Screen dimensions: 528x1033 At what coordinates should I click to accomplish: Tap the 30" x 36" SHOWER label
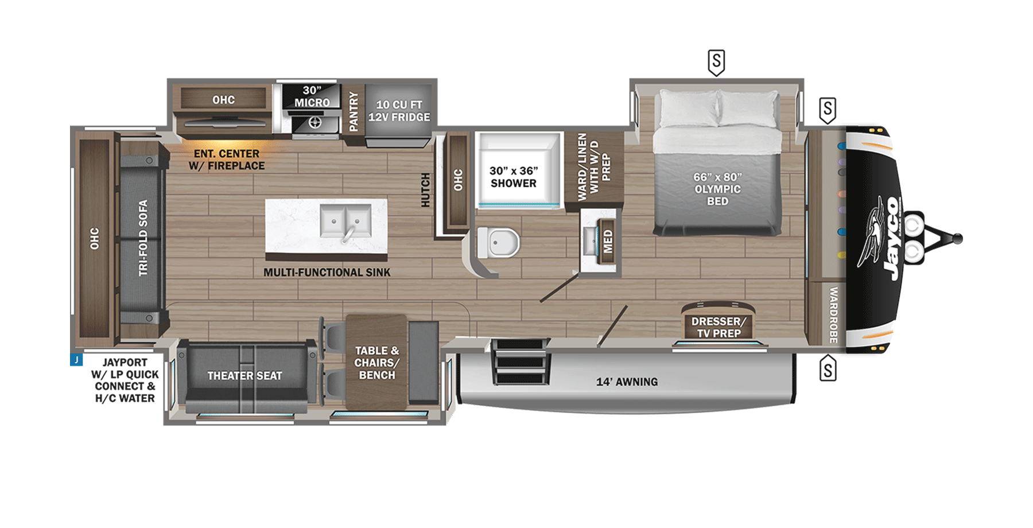coord(513,177)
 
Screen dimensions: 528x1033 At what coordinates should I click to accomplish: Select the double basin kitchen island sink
coord(345,221)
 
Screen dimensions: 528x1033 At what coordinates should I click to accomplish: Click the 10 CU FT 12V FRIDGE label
coord(399,111)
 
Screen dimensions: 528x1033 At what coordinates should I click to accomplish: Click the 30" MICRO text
coord(312,96)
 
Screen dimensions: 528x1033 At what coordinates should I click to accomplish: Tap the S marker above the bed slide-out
coord(716,61)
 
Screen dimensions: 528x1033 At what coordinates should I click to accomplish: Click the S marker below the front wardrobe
coord(827,369)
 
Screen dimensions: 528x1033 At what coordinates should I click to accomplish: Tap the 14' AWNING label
coord(627,382)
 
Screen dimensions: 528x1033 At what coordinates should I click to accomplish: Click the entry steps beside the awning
coord(521,362)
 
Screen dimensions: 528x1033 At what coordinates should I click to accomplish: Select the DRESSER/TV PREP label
coord(719,327)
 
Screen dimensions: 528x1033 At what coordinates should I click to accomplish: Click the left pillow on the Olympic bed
coord(688,108)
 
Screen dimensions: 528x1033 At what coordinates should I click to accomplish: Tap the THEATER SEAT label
coord(244,376)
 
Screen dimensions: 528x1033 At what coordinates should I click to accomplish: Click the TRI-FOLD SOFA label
coord(143,238)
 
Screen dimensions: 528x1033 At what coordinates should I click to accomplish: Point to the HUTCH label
coord(425,190)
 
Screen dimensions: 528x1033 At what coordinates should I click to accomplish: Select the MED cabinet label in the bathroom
coord(608,241)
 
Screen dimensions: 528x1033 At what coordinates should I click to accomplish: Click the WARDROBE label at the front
coord(833,315)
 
